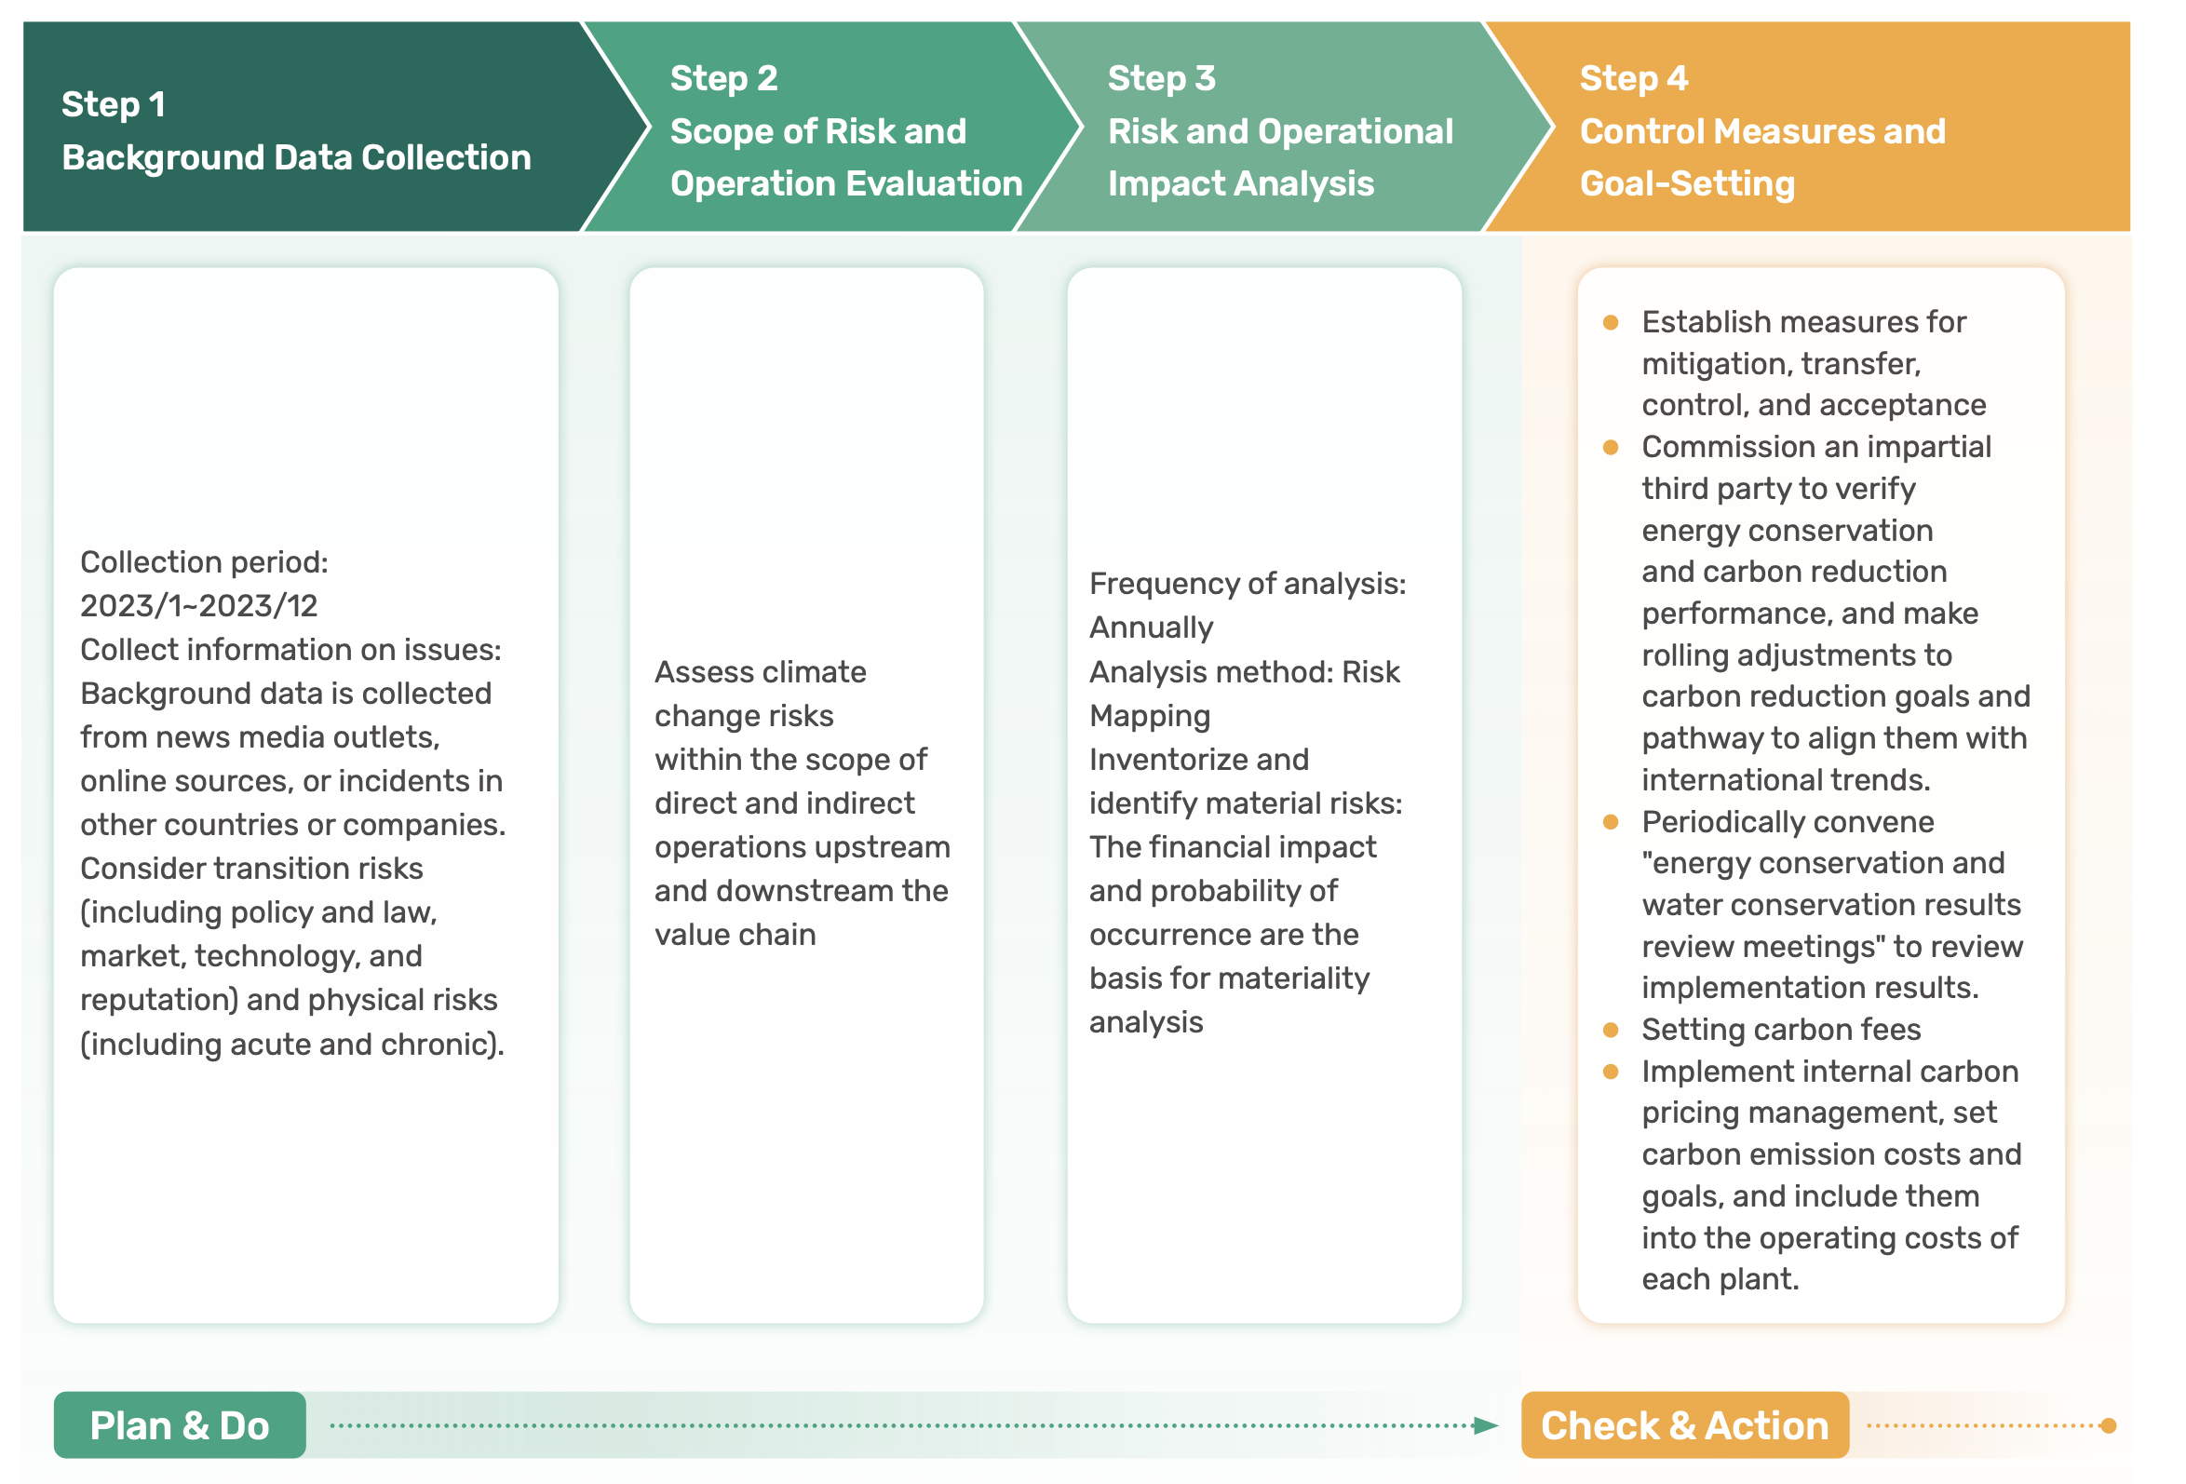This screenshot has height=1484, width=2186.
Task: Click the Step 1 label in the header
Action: (x=114, y=104)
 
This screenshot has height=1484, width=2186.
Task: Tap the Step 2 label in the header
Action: (x=724, y=78)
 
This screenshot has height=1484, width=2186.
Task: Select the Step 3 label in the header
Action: (x=1162, y=78)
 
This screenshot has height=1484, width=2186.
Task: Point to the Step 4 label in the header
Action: (x=1634, y=78)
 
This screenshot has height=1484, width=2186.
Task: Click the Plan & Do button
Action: (x=180, y=1424)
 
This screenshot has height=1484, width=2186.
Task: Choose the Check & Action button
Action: (x=1684, y=1424)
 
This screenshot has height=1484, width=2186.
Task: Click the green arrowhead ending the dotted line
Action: (x=1486, y=1425)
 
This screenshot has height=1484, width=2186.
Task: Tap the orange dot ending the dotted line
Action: (x=2108, y=1425)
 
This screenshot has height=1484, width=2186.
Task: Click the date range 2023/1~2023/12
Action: (x=199, y=606)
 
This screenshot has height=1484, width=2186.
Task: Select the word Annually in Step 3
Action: (x=1152, y=627)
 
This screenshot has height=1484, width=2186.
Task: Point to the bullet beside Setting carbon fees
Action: (x=1611, y=1031)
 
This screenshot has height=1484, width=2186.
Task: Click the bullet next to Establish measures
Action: (x=1611, y=323)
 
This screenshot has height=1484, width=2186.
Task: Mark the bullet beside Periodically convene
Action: (x=1611, y=823)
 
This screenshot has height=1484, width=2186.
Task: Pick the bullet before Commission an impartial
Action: (x=1611, y=448)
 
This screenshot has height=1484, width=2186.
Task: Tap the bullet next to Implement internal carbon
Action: (x=1611, y=1073)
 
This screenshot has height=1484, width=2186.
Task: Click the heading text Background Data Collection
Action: (x=296, y=158)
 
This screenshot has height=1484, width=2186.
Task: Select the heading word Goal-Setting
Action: (x=1688, y=183)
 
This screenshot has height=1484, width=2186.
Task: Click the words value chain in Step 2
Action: (x=735, y=935)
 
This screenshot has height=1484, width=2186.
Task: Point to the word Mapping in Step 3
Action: (x=1151, y=717)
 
